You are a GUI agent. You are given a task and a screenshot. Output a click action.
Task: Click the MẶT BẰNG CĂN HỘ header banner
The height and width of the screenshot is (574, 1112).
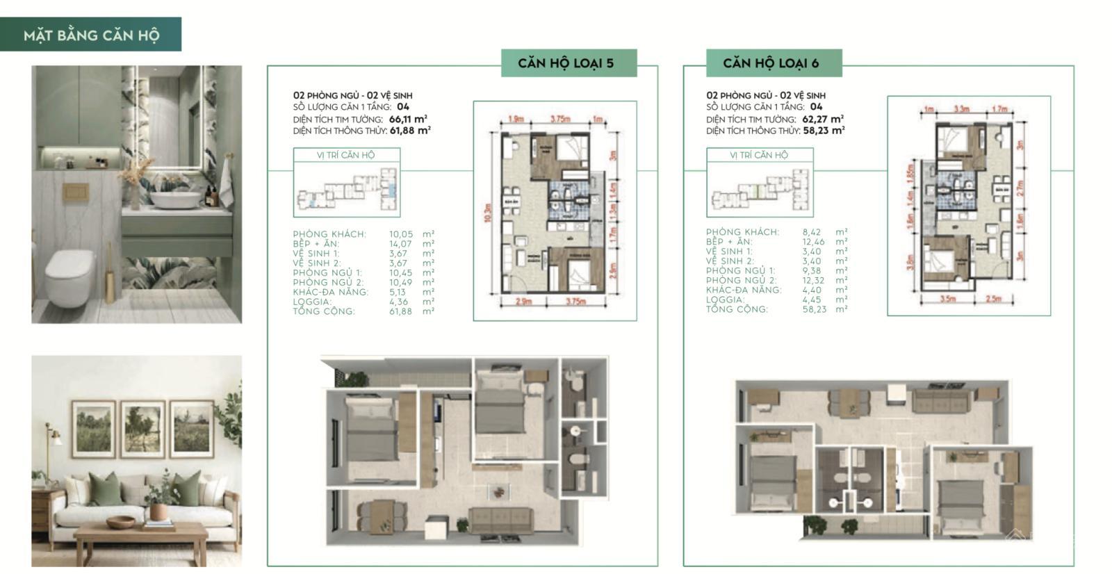pyautogui.click(x=91, y=35)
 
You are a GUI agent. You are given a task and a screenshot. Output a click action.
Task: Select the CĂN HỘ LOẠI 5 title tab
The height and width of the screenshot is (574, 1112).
pyautogui.click(x=566, y=63)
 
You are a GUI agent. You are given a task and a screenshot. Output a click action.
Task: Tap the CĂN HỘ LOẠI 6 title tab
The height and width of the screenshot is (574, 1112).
pyautogui.click(x=771, y=63)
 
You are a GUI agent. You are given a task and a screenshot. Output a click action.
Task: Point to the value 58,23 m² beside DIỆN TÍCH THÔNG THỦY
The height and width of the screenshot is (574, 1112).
pyautogui.click(x=824, y=131)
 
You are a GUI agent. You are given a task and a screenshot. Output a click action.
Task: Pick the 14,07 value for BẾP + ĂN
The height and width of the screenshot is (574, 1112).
pyautogui.click(x=400, y=244)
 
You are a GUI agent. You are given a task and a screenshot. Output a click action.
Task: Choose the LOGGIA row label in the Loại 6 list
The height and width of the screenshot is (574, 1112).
pyautogui.click(x=725, y=300)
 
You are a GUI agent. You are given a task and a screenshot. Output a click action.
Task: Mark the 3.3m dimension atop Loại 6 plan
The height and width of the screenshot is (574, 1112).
pyautogui.click(x=961, y=109)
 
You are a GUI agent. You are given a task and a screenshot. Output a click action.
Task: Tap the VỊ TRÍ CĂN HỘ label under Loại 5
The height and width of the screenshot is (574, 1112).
pyautogui.click(x=345, y=155)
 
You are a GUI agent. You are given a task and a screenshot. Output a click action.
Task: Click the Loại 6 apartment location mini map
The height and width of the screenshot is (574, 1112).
pyautogui.click(x=760, y=192)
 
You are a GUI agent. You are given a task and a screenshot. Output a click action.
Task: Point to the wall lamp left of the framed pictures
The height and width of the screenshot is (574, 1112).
pyautogui.click(x=53, y=436)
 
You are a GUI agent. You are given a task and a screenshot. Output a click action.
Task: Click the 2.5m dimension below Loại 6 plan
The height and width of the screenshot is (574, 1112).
pyautogui.click(x=993, y=299)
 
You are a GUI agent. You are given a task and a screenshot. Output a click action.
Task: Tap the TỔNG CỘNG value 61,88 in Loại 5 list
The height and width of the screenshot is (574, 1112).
pyautogui.click(x=400, y=311)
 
